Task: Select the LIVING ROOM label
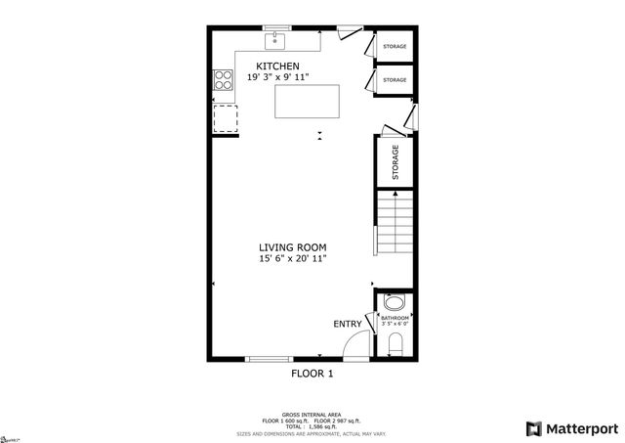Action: (x=292, y=247)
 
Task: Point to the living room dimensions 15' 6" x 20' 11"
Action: (x=292, y=259)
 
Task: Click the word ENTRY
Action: (x=347, y=324)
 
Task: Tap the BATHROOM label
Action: (x=395, y=318)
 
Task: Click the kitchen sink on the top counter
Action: (x=277, y=41)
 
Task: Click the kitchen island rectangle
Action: (x=307, y=102)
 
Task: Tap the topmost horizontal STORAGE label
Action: (x=395, y=47)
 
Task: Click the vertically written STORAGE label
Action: (x=396, y=162)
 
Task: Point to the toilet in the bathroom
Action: (x=396, y=342)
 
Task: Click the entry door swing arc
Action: (x=359, y=344)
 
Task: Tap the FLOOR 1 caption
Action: (x=312, y=374)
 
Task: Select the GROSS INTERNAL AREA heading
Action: (x=312, y=416)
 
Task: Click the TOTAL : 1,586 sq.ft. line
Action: (x=312, y=426)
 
